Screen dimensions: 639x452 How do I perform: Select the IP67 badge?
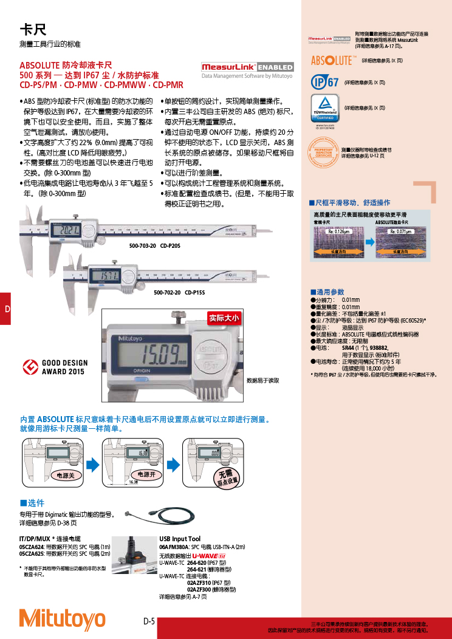point(324,82)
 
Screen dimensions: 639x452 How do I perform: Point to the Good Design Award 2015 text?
point(64,367)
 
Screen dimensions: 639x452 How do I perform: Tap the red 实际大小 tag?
point(225,318)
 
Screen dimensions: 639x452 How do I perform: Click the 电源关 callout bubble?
point(65,475)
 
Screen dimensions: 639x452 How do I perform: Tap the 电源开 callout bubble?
point(146,474)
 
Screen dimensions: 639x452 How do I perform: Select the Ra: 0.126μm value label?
point(340,231)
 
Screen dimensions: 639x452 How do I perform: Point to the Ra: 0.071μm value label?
point(400,231)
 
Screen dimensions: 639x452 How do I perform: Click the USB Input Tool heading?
point(180,539)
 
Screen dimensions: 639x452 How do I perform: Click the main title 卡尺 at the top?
point(33,30)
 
